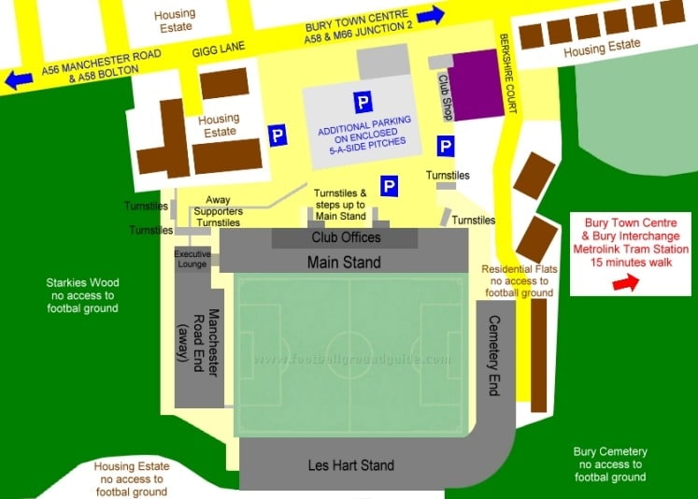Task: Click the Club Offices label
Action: point(345,238)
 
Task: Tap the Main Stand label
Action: point(344,263)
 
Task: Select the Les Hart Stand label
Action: point(350,464)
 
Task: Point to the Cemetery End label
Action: point(495,355)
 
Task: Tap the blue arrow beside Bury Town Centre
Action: point(431,15)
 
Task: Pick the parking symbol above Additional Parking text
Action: point(363,103)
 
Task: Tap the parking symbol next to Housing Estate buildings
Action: point(278,136)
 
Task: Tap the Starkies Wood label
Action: point(82,294)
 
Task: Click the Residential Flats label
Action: point(520,280)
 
